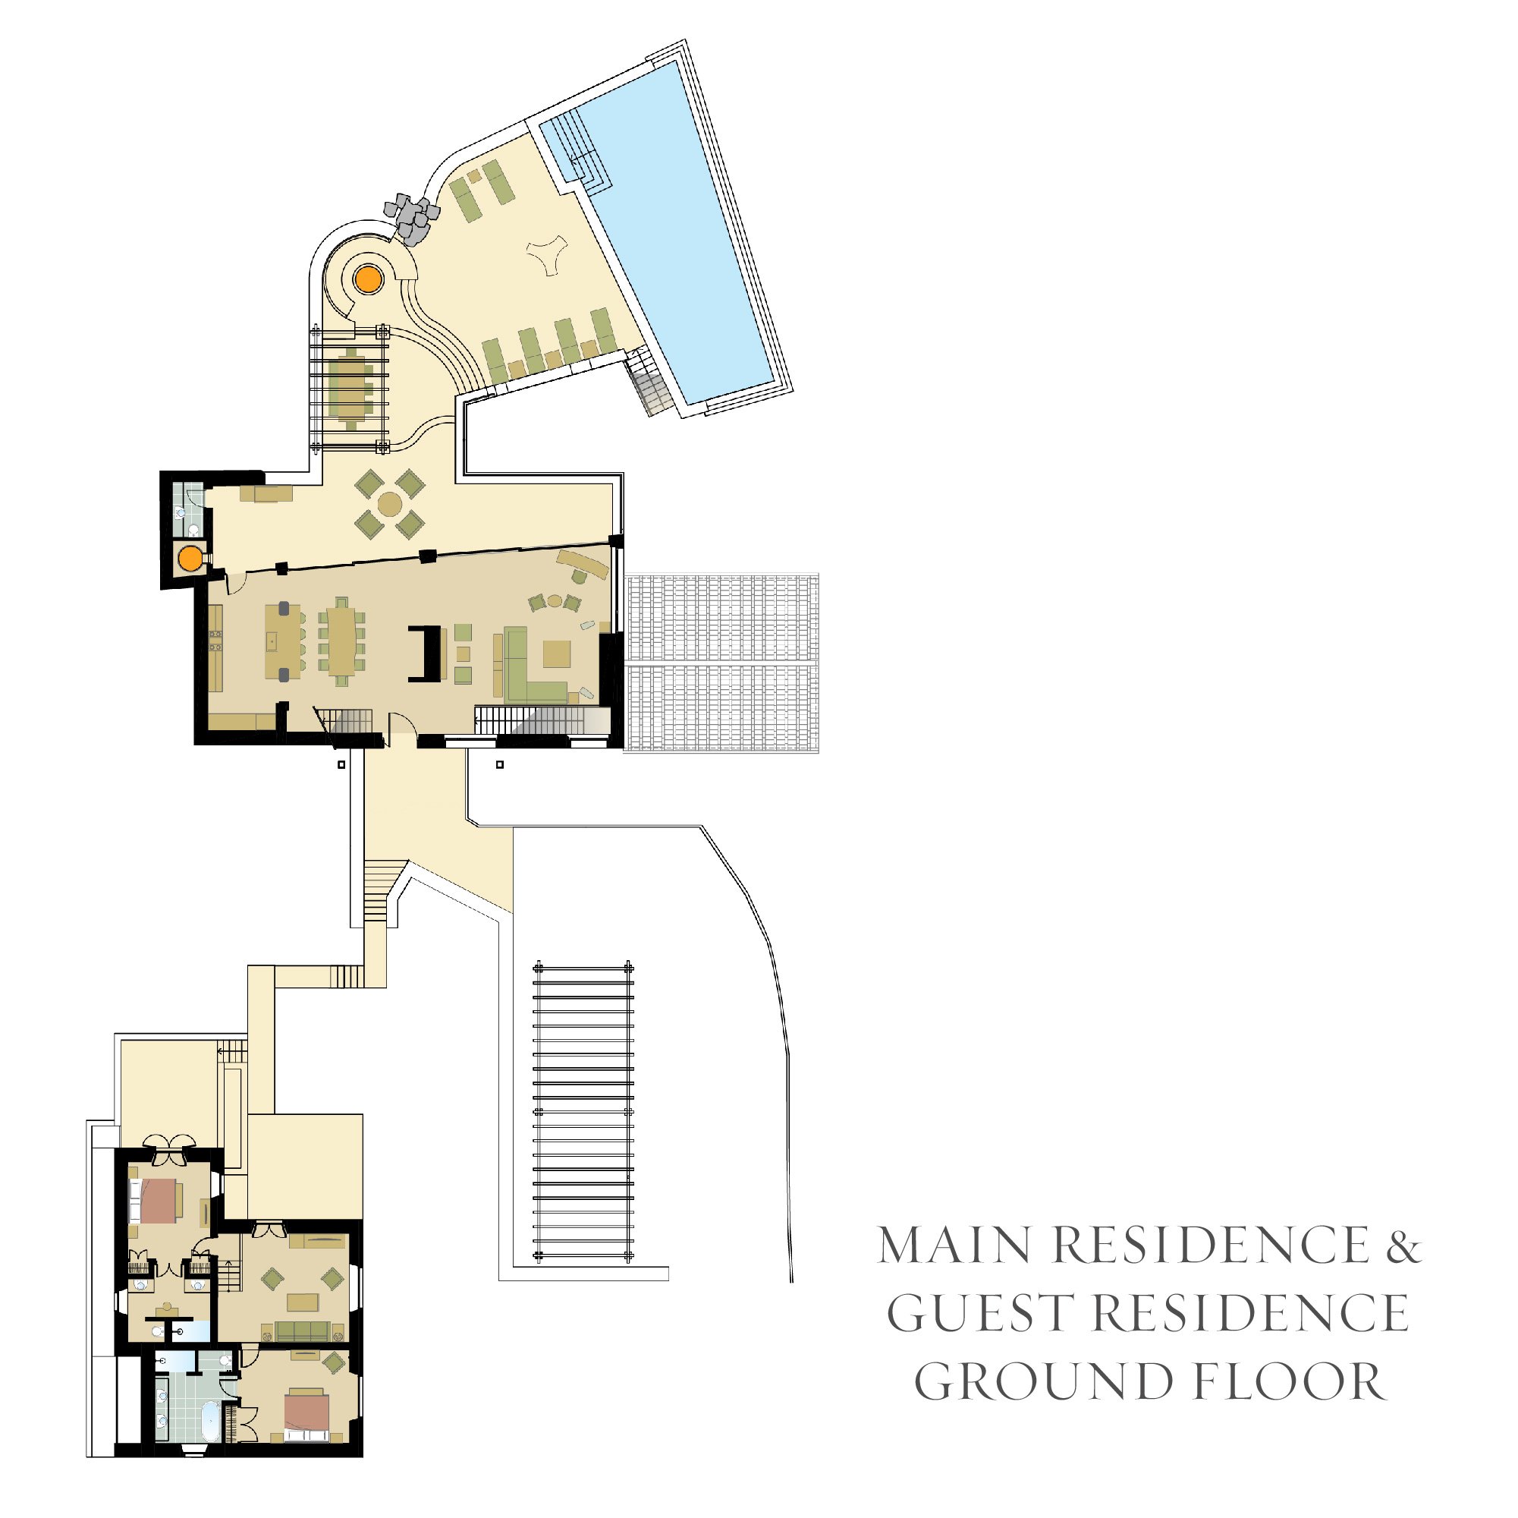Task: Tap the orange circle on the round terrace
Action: pos(367,279)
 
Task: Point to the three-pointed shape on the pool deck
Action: pos(547,255)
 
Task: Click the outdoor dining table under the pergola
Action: pos(350,388)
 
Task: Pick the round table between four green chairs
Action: pos(389,503)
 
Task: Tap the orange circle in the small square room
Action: pos(190,559)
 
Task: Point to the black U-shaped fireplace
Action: pos(424,653)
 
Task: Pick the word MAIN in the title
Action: pos(954,1245)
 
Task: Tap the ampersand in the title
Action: pos(1403,1245)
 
